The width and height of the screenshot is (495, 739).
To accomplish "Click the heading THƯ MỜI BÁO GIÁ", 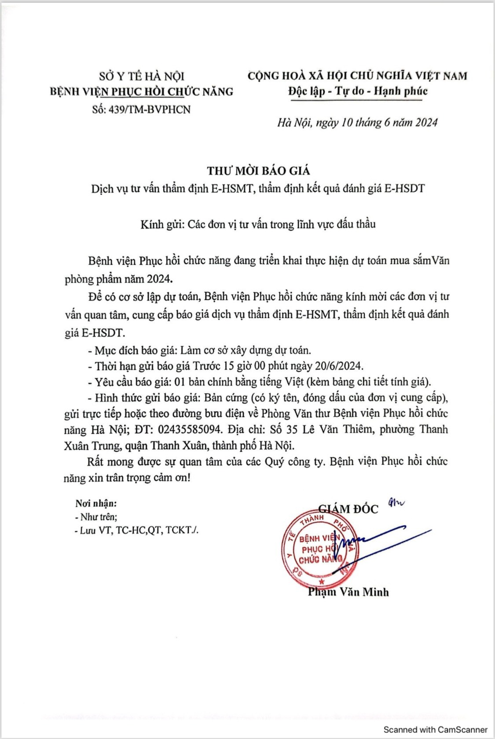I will click(x=258, y=171).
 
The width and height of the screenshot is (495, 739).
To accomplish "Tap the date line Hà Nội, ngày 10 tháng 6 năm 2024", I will click(x=357, y=122).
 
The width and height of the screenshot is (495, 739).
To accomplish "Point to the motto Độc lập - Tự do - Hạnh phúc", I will click(x=358, y=91).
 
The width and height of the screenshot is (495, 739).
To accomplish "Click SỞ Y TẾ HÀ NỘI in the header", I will click(x=141, y=76).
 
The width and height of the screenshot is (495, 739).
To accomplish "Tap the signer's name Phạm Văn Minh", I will click(x=348, y=592).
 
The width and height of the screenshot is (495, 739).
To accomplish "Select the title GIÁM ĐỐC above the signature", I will click(x=348, y=509).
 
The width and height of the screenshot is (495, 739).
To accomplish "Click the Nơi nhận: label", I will click(x=96, y=503).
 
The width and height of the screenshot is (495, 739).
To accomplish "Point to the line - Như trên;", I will click(x=96, y=517).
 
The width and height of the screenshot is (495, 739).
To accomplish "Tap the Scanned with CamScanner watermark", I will click(x=435, y=729).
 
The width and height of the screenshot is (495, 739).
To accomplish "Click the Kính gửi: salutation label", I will click(x=162, y=224).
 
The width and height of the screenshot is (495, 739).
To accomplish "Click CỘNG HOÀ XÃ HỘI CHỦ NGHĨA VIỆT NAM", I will click(x=357, y=76).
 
